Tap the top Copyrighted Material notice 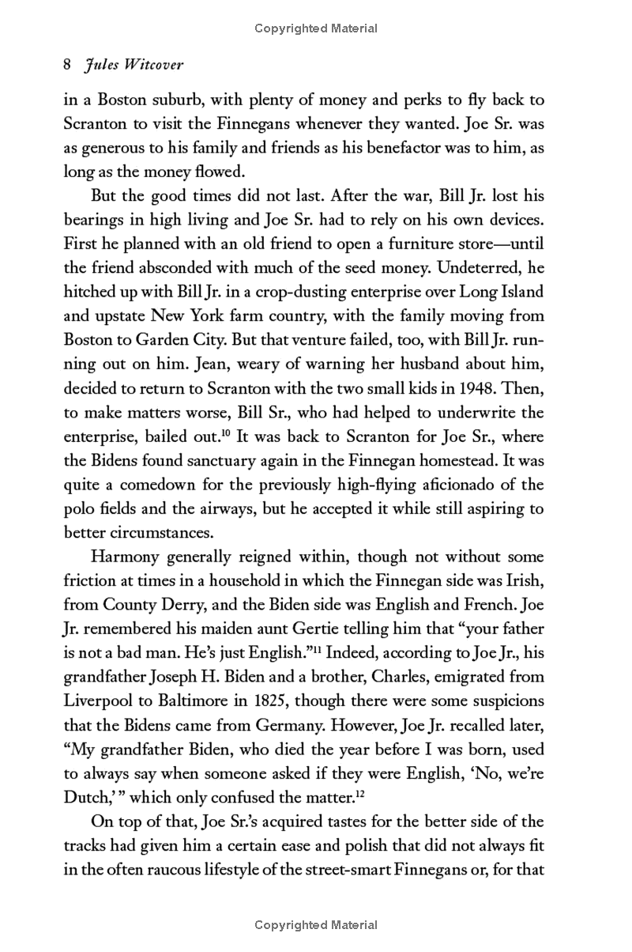click(x=316, y=28)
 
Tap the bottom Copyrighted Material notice click(x=316, y=924)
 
